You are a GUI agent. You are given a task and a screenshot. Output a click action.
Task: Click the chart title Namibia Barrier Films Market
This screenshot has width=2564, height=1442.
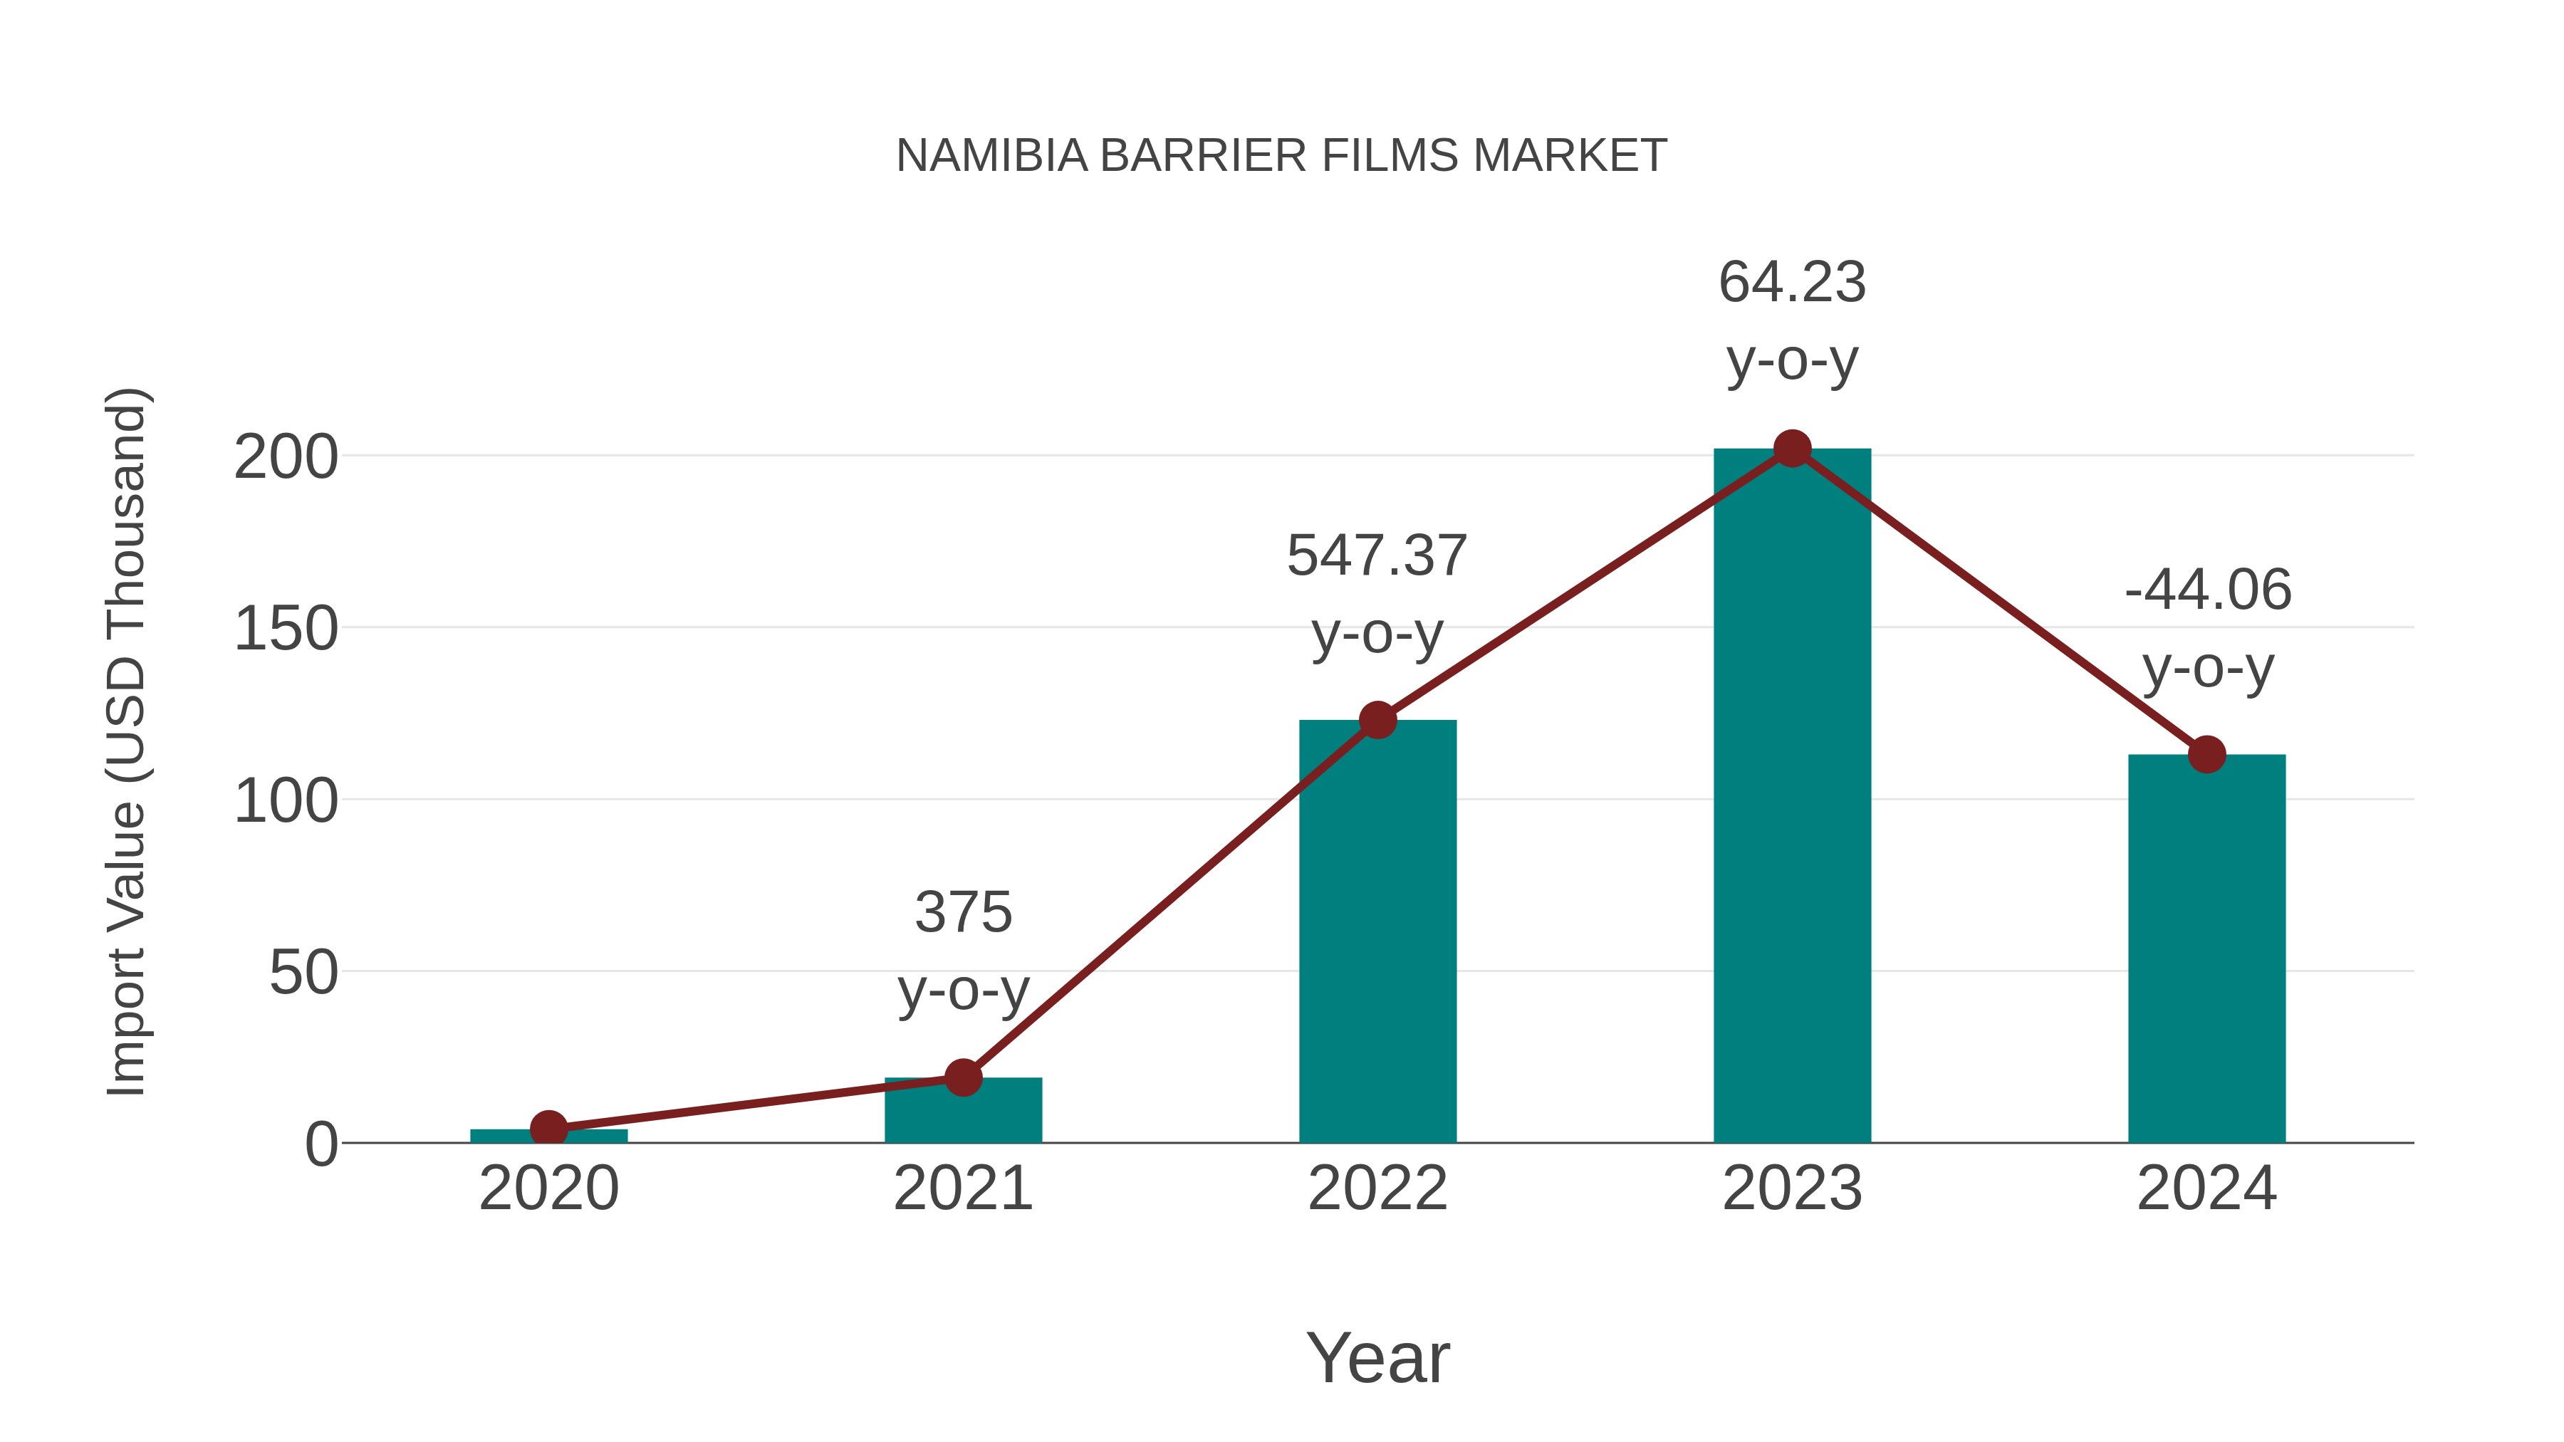tap(1281, 156)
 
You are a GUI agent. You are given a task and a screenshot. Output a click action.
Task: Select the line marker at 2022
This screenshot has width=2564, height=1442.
tap(1377, 719)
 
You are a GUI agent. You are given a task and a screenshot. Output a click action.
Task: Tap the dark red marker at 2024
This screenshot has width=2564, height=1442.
tap(2206, 754)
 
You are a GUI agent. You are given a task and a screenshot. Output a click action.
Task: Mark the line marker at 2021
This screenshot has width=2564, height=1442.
tap(962, 1077)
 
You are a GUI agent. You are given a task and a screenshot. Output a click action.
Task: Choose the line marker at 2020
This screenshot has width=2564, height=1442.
tap(548, 1129)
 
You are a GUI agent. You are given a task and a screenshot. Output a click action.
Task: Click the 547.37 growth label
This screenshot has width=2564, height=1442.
tap(1377, 555)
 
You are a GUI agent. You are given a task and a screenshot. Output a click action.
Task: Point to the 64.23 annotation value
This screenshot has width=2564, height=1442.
tap(1792, 283)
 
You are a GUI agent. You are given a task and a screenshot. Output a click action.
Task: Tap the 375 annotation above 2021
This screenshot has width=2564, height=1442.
tap(962, 913)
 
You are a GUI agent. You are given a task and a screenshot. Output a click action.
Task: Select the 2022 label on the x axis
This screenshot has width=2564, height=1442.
tap(1377, 1188)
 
